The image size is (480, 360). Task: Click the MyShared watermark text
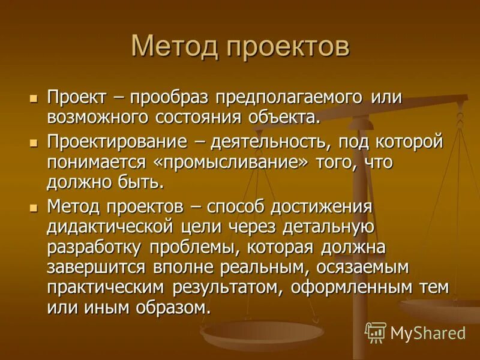[428, 332]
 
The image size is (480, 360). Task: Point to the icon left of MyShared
[375, 332]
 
